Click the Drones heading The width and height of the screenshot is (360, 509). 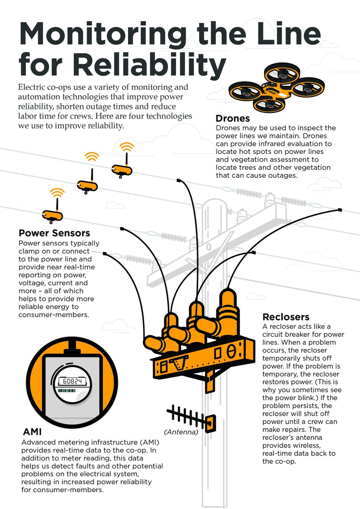point(232,118)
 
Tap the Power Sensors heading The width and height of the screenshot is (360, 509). point(54,233)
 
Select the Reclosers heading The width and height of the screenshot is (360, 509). point(286,317)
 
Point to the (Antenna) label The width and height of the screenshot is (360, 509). point(181,432)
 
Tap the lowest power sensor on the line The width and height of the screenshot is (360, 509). point(53,215)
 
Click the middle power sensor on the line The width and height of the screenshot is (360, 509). point(87,186)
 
